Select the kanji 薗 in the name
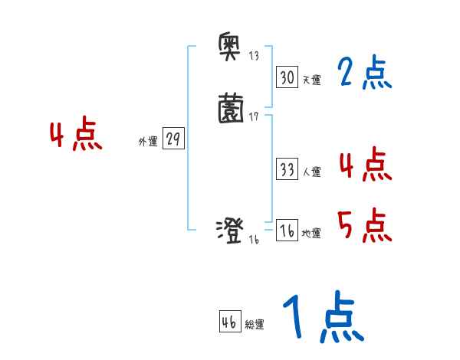point(231,107)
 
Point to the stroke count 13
point(254,57)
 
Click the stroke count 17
point(254,117)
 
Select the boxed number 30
point(286,77)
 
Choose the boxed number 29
point(174,139)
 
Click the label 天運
point(311,80)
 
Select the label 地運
point(311,234)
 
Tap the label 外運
point(147,142)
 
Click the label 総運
point(255,325)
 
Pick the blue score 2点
point(364,74)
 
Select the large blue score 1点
point(322,319)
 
